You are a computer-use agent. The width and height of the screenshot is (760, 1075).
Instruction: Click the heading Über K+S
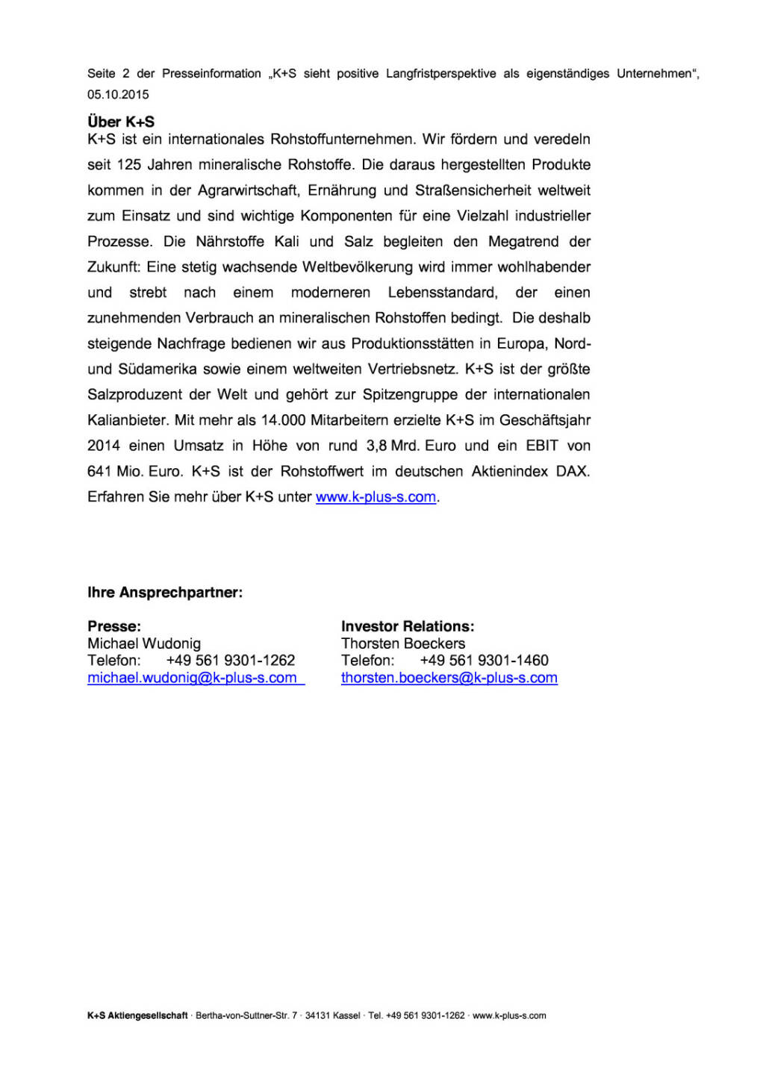click(121, 122)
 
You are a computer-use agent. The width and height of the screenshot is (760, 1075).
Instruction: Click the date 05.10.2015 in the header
click(118, 95)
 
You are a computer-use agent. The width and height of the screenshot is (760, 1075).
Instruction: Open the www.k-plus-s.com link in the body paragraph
click(376, 497)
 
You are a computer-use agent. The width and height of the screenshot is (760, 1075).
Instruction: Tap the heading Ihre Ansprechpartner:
click(165, 593)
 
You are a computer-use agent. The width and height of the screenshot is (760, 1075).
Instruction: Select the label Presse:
click(114, 626)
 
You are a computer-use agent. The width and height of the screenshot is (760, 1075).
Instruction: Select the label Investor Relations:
click(408, 626)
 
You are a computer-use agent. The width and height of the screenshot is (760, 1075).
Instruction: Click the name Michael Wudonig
click(144, 644)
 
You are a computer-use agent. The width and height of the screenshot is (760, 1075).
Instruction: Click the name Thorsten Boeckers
click(403, 644)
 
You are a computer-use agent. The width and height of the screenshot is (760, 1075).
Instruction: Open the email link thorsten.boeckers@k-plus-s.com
click(449, 678)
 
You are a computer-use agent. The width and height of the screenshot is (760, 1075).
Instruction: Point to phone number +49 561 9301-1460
click(484, 661)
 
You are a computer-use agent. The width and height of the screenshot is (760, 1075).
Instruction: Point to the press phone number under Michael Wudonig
click(231, 661)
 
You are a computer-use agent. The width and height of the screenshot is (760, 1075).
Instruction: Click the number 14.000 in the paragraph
click(283, 420)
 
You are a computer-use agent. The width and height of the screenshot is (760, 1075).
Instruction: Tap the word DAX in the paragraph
click(573, 472)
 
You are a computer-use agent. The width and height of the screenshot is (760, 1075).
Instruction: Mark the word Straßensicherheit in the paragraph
click(473, 191)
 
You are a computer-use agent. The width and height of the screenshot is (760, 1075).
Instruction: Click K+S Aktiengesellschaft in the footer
click(137, 1016)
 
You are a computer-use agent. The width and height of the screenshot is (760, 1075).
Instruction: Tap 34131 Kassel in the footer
click(333, 1016)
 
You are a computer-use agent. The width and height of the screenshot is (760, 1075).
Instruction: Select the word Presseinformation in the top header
click(211, 74)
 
